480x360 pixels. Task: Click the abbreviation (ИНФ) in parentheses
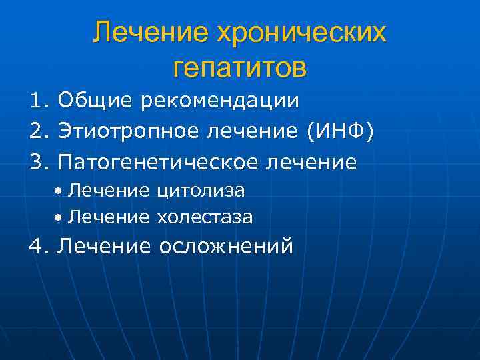pyautogui.click(x=339, y=131)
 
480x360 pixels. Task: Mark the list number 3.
pyautogui.click(x=38, y=161)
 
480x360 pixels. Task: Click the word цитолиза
pyautogui.click(x=201, y=191)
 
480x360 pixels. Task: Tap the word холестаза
pyautogui.click(x=205, y=217)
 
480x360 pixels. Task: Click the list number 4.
pyautogui.click(x=38, y=247)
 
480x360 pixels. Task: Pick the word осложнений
pyautogui.click(x=226, y=247)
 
